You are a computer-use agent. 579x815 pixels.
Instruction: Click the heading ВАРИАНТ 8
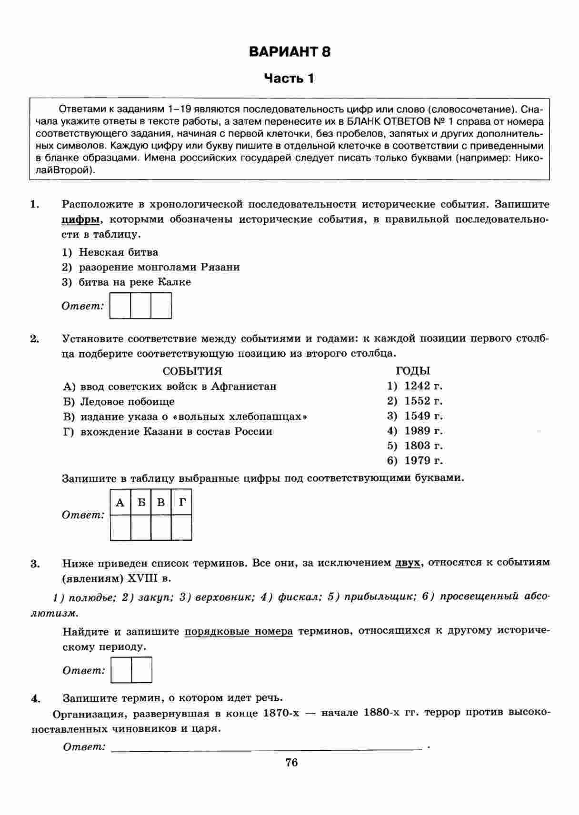coord(289,51)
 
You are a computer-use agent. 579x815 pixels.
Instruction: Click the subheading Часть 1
coord(289,78)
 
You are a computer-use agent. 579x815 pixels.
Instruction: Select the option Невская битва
coord(118,252)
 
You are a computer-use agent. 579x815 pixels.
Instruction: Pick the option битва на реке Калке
coord(134,282)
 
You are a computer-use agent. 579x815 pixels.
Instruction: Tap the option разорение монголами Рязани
coord(159,267)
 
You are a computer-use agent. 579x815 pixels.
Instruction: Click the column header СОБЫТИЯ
coord(192,371)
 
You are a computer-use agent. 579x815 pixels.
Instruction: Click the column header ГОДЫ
coord(413,371)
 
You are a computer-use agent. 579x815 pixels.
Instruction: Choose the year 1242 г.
coord(423,386)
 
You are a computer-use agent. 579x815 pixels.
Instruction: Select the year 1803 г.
coord(423,446)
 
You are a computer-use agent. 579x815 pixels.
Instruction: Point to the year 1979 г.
coord(423,460)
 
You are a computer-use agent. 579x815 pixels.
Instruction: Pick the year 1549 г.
coord(423,416)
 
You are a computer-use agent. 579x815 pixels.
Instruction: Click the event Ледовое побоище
coord(127,401)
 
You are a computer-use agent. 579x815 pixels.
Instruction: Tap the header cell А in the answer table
coord(120,502)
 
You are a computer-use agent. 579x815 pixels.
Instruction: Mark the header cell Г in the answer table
coord(182,502)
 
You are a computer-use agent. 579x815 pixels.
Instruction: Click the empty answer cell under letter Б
coord(141,527)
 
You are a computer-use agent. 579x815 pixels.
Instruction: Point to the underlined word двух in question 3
coord(408,563)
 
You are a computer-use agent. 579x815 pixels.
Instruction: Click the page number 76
coord(291,763)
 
